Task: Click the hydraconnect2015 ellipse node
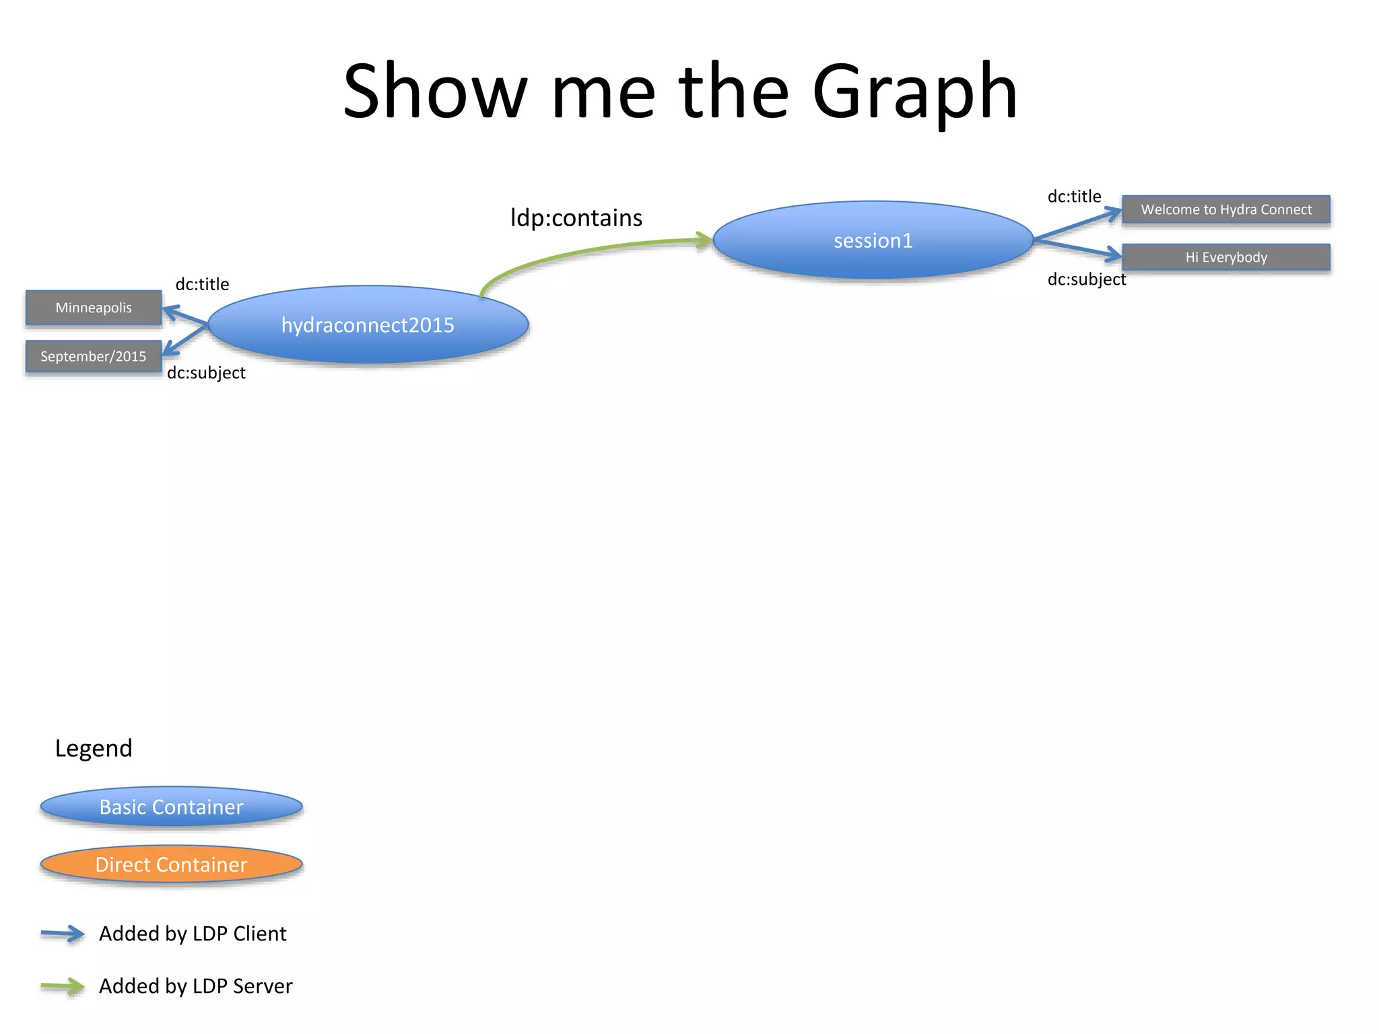(x=368, y=325)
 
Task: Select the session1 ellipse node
(x=873, y=240)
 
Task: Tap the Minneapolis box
(x=94, y=308)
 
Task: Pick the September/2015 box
(x=94, y=356)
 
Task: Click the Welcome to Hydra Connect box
(x=1225, y=209)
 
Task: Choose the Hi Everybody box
(x=1225, y=257)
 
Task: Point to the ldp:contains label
(x=576, y=218)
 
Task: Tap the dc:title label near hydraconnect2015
(x=202, y=284)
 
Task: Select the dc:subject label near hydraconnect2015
(x=206, y=373)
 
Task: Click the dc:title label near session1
(x=1074, y=197)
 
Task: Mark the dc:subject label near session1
(x=1086, y=279)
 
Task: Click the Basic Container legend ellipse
(x=171, y=806)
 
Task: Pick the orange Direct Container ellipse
(x=171, y=864)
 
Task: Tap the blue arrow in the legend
(x=63, y=934)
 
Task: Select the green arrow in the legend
(x=63, y=987)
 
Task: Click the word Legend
(x=94, y=748)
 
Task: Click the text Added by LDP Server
(x=195, y=986)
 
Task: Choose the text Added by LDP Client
(x=193, y=934)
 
